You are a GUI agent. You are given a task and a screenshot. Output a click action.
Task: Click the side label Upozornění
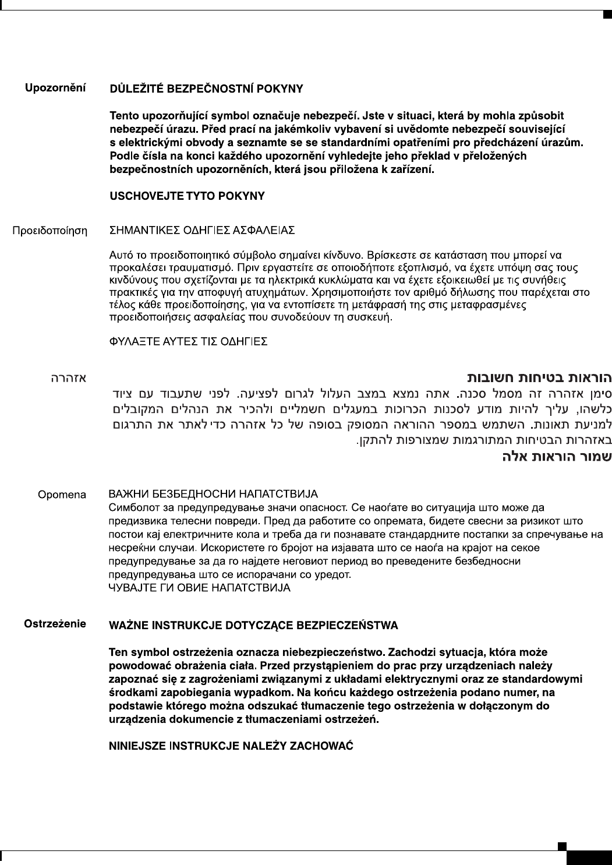click(x=55, y=89)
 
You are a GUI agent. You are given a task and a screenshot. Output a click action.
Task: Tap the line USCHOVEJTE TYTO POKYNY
click(x=188, y=196)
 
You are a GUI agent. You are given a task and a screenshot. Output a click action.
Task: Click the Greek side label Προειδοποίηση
click(x=50, y=231)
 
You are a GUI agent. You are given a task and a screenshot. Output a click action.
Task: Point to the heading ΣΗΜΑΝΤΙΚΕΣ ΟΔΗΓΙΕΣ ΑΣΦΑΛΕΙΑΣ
click(x=203, y=231)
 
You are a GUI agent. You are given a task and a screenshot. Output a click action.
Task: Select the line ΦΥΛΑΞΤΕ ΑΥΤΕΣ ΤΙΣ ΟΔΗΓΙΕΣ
click(x=189, y=342)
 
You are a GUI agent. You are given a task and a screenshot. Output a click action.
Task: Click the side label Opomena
click(x=62, y=495)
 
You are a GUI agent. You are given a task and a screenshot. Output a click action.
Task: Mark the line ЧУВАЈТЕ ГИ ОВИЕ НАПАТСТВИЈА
click(x=200, y=588)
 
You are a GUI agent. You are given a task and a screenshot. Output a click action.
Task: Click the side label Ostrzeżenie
click(x=55, y=624)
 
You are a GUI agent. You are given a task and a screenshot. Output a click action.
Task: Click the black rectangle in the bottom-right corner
click(x=589, y=857)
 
